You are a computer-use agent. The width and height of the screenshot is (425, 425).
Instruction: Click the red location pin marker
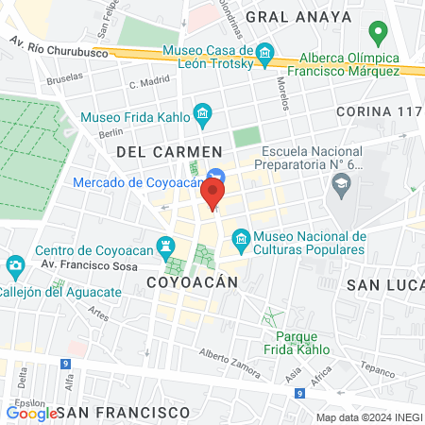click(x=212, y=194)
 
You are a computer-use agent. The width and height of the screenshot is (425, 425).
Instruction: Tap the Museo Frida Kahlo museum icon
click(x=202, y=116)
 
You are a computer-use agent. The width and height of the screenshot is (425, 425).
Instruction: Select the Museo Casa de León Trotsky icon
click(x=266, y=54)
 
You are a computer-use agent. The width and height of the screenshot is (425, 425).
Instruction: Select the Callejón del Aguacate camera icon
click(x=14, y=265)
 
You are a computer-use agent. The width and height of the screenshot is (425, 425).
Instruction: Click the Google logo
click(x=31, y=413)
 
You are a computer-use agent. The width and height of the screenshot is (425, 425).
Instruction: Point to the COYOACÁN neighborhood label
click(x=183, y=282)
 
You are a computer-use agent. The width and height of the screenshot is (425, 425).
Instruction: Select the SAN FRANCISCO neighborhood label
click(x=123, y=413)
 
